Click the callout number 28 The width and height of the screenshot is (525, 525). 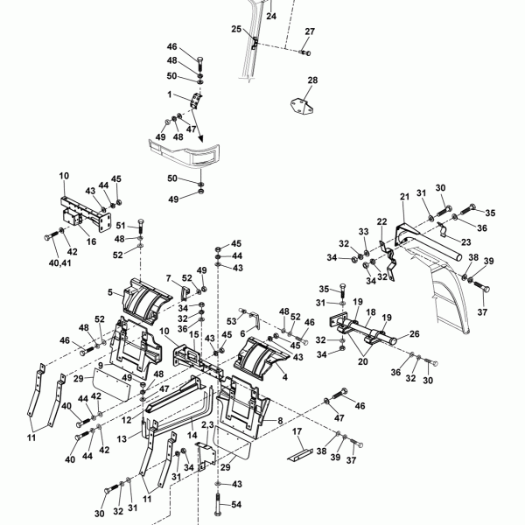coord(312,80)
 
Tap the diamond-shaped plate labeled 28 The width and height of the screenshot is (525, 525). coord(300,103)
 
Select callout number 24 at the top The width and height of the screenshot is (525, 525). coord(270,16)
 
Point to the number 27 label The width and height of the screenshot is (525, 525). coord(309,31)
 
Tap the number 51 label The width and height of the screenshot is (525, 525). coord(120,225)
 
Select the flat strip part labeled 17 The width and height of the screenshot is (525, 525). coord(299,455)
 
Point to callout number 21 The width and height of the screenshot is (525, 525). coord(404,196)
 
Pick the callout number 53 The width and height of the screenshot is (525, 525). coord(233,321)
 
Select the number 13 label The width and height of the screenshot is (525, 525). coord(122,437)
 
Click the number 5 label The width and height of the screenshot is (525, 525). coord(109,291)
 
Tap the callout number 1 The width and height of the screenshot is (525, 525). coord(171,94)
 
